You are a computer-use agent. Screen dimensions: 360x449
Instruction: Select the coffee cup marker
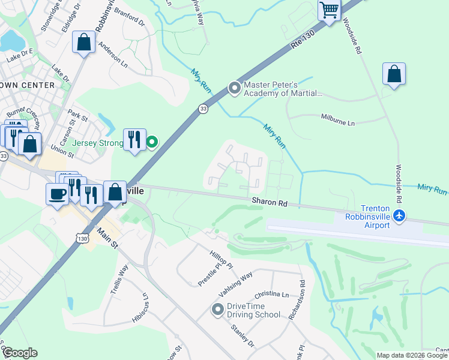57,194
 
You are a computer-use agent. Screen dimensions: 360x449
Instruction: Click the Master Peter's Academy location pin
234,89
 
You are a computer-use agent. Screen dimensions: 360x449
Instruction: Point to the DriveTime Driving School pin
217,310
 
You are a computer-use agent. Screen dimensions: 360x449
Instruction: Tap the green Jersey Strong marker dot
152,142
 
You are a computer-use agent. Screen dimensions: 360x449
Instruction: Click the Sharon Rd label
269,203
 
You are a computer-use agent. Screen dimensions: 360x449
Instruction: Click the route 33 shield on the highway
203,109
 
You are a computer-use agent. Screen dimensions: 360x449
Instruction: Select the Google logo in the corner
20,353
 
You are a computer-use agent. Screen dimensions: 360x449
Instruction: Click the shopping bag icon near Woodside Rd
394,74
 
